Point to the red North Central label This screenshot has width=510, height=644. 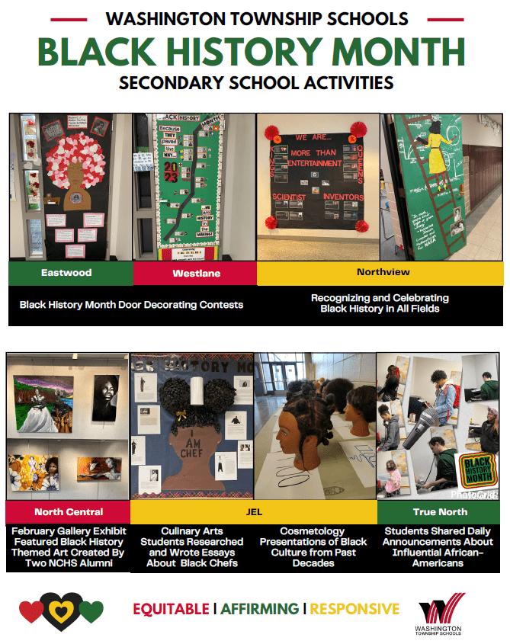point(69,511)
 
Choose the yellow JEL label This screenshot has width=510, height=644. point(253,511)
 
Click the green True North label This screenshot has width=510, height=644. point(440,511)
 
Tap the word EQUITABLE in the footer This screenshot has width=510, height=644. point(171,608)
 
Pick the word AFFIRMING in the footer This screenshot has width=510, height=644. point(260,608)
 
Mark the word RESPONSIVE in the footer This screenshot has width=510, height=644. point(354,608)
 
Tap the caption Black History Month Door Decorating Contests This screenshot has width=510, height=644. point(131,305)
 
